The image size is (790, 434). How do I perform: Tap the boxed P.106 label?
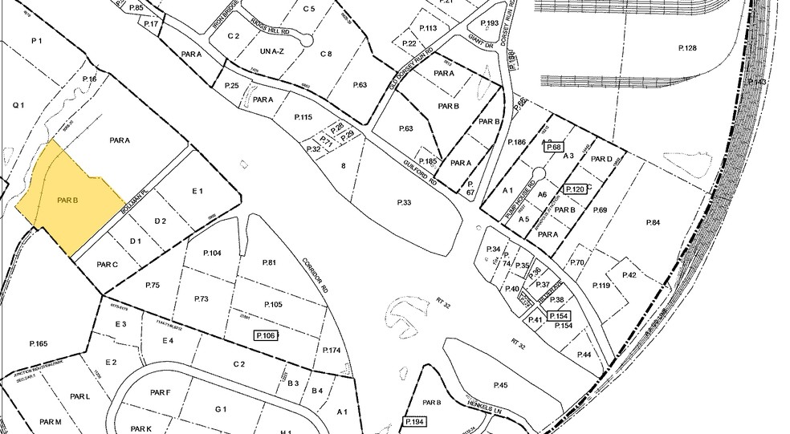[265, 335]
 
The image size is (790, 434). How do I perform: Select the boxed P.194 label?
[415, 422]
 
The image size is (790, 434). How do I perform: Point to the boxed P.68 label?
[553, 148]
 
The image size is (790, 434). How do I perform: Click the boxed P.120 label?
[575, 189]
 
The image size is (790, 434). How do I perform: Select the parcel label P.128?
[687, 49]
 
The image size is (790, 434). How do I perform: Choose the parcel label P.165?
[38, 343]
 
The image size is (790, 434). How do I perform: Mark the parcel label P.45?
[502, 385]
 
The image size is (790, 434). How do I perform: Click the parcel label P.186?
[516, 141]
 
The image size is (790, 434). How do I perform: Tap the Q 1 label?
[18, 104]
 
